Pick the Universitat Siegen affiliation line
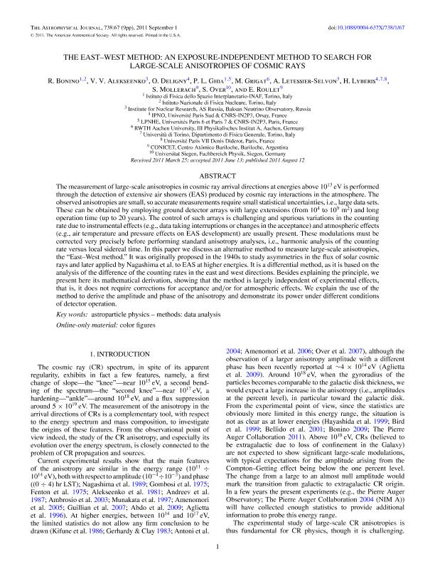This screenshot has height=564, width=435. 217,153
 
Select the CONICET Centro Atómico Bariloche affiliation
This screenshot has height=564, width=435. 217,147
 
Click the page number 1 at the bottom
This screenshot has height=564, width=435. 217,547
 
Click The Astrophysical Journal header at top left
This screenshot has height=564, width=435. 64,7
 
